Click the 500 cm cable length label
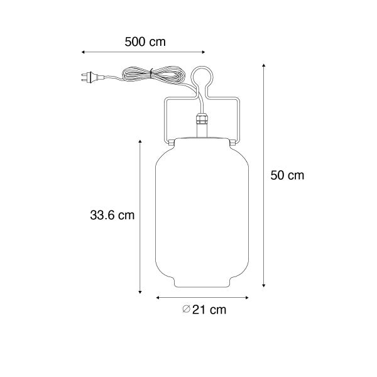(x=145, y=42)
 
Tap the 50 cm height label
(x=287, y=175)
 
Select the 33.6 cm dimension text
(x=112, y=215)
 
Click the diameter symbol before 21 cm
(x=187, y=309)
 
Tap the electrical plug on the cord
(x=92, y=77)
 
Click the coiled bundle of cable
(x=154, y=75)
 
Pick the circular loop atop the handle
(x=202, y=77)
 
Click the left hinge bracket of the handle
(x=171, y=143)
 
